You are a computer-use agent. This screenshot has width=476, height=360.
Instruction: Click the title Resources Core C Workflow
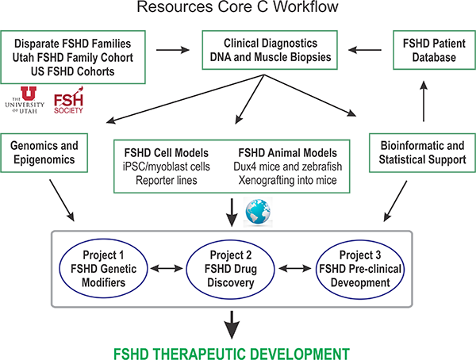tap(239, 10)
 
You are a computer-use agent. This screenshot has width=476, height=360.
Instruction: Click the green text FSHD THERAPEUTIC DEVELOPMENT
tap(239, 350)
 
